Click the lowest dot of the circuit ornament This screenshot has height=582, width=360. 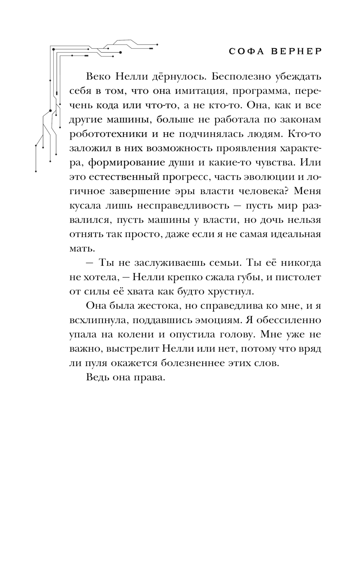(x=36, y=171)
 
